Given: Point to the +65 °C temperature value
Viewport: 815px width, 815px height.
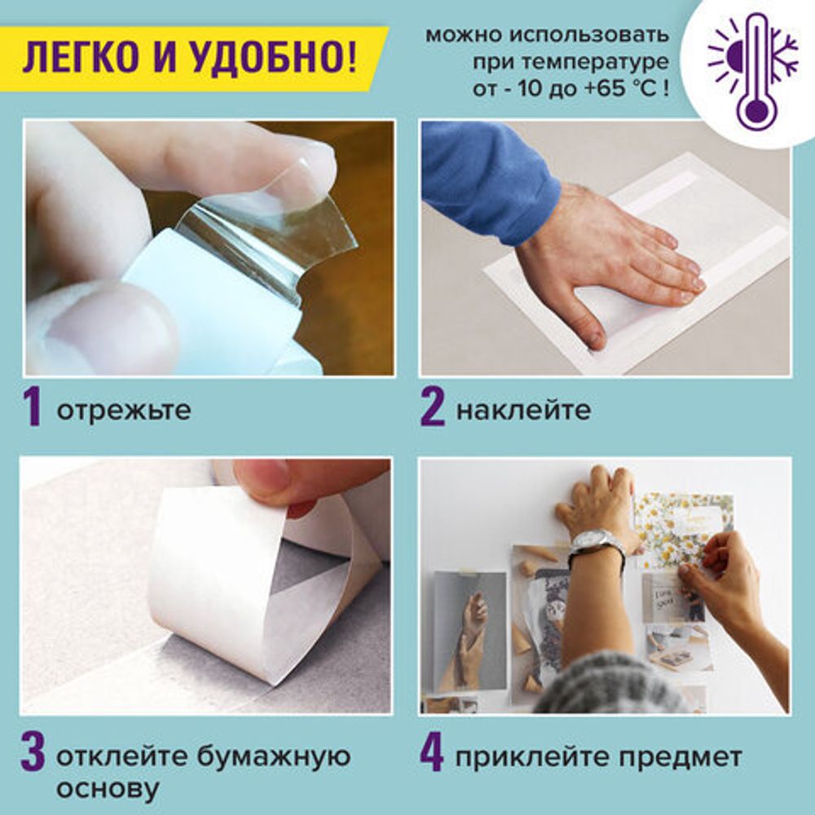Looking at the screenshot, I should tap(627, 88).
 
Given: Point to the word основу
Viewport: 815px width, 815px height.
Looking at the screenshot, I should tap(107, 789).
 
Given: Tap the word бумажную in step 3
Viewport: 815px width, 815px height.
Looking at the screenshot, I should tap(273, 757).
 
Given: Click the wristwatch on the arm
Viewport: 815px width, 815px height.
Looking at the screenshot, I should tap(597, 544).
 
